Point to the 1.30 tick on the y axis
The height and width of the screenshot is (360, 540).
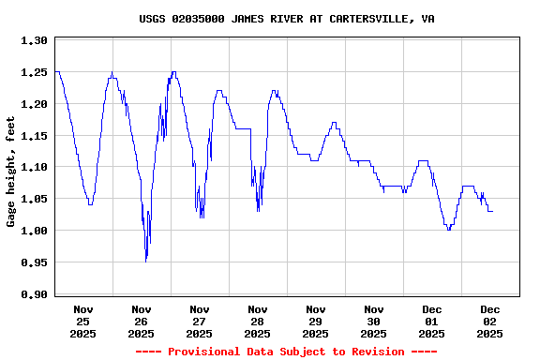click(x=34, y=40)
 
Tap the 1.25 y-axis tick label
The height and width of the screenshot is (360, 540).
click(x=34, y=72)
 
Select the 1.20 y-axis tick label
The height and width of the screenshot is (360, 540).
click(x=34, y=104)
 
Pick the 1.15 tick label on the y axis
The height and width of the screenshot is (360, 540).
click(x=34, y=136)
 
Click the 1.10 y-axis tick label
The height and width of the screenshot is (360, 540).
click(x=34, y=167)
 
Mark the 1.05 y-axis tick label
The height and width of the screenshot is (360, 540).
click(x=34, y=199)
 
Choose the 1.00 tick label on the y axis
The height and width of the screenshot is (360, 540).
click(x=34, y=231)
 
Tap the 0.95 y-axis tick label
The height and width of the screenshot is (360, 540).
click(x=34, y=262)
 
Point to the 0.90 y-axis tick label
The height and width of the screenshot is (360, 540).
click(x=34, y=294)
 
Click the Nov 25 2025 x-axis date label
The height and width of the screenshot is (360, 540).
click(x=83, y=321)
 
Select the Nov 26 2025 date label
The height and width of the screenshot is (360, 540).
click(x=142, y=321)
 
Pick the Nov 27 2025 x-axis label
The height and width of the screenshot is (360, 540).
click(x=200, y=321)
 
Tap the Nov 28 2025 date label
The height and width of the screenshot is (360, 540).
click(x=258, y=321)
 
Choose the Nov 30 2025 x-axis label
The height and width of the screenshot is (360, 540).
click(x=374, y=321)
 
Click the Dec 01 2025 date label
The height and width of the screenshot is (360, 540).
click(x=432, y=321)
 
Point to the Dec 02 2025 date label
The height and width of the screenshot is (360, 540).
click(x=490, y=321)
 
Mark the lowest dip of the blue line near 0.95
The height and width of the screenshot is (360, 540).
click(x=146, y=261)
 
